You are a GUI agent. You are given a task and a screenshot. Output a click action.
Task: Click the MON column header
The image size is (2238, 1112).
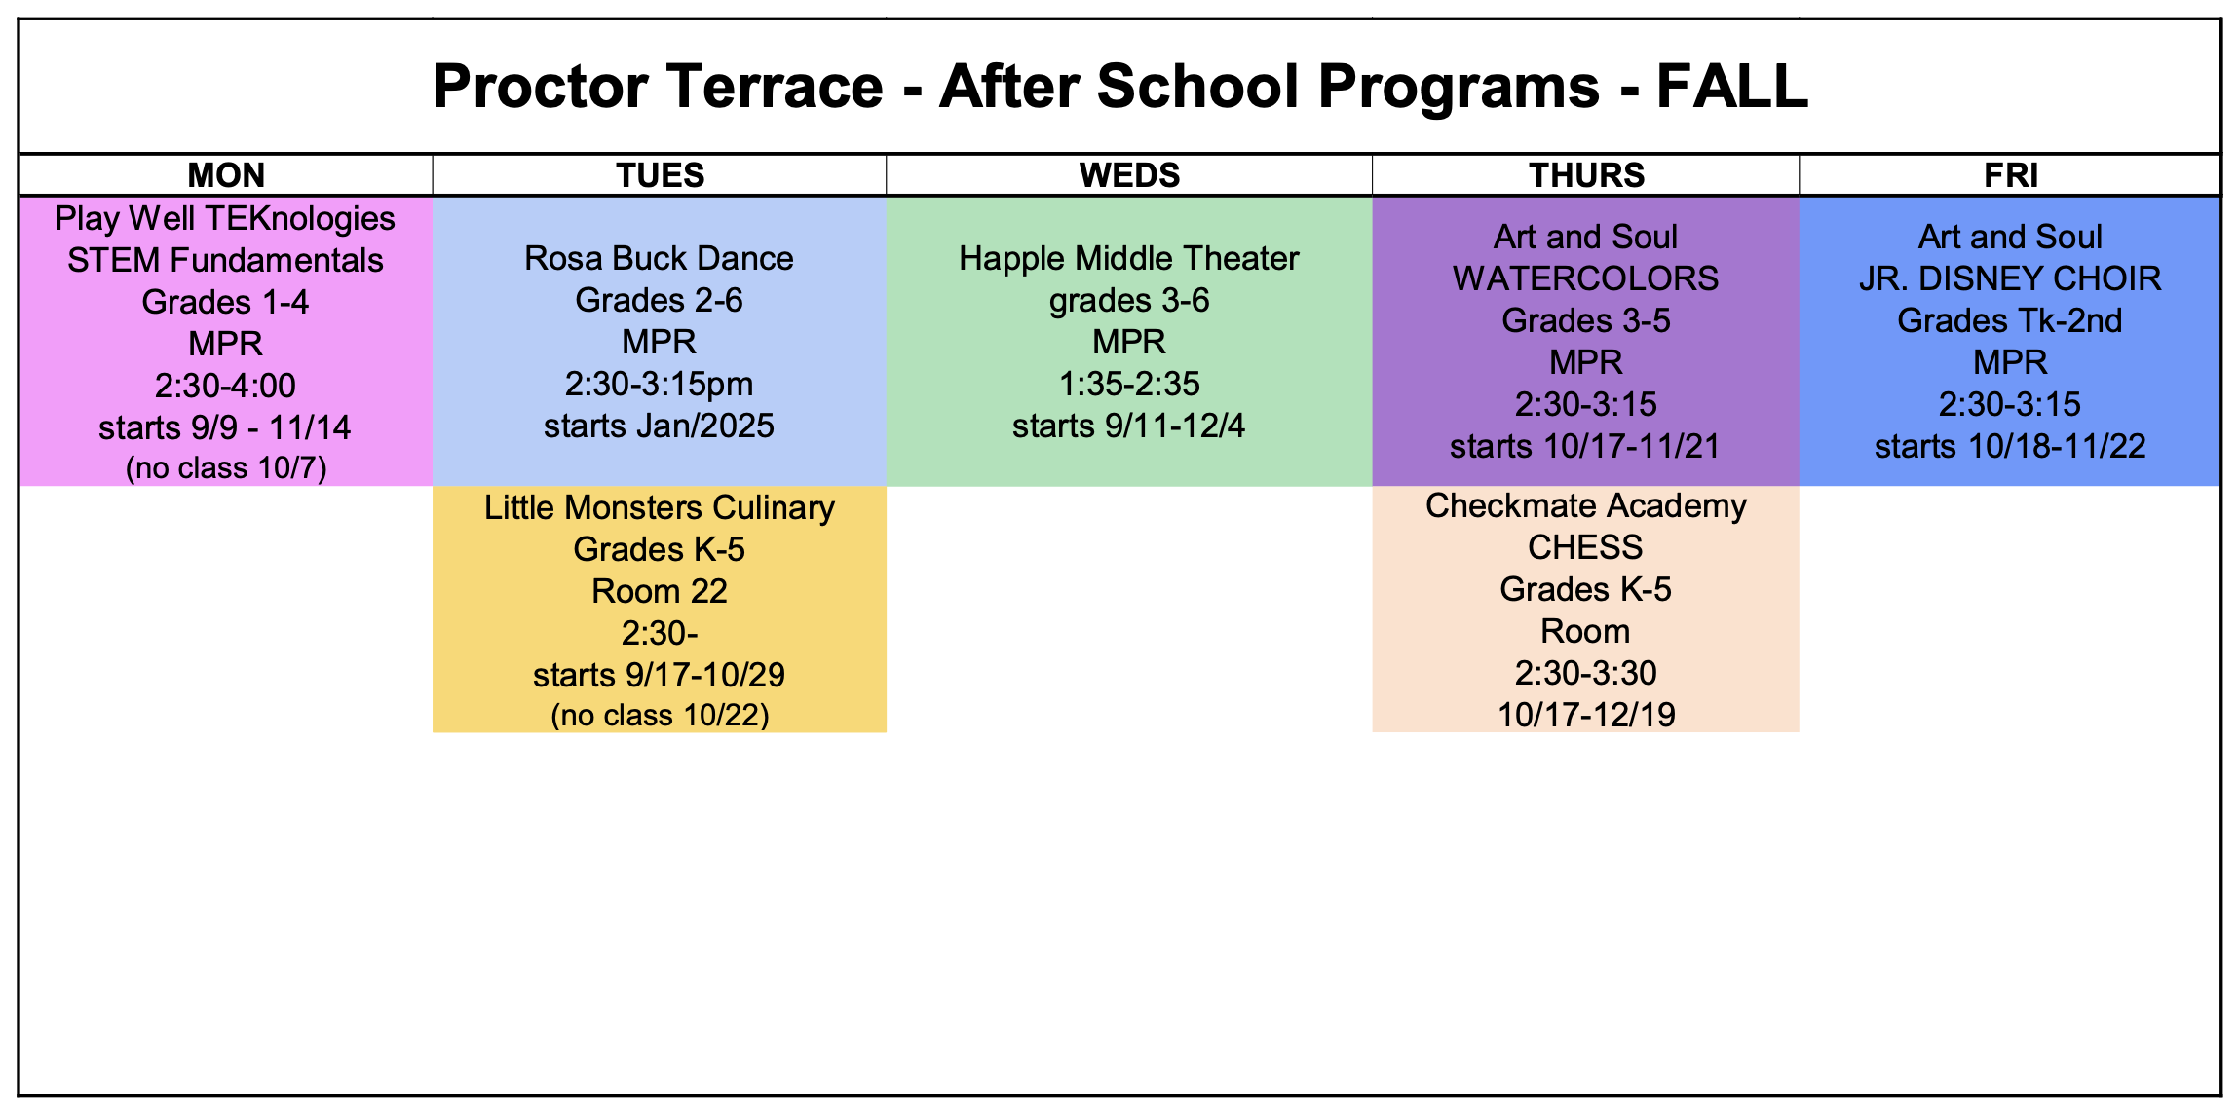(x=226, y=175)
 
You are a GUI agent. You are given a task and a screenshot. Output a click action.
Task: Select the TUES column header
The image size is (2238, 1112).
(x=660, y=175)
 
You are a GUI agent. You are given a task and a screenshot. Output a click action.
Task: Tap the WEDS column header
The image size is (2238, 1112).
(x=1129, y=175)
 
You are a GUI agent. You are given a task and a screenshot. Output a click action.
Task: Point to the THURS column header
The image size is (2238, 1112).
(x=1586, y=175)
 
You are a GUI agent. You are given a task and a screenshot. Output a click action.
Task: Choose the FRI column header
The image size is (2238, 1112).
(x=2011, y=175)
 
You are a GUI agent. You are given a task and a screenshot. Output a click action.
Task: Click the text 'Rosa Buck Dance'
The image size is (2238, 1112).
(x=659, y=258)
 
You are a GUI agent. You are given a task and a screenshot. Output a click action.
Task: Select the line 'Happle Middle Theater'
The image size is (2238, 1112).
(x=1128, y=258)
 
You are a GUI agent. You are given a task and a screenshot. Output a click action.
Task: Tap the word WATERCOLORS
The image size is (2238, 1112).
(x=1585, y=278)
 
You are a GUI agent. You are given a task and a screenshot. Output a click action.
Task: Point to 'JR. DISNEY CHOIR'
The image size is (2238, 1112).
(x=2010, y=278)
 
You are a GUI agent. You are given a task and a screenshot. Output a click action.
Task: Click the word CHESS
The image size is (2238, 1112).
(x=1585, y=547)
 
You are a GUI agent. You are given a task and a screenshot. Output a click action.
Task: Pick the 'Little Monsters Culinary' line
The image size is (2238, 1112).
(x=660, y=507)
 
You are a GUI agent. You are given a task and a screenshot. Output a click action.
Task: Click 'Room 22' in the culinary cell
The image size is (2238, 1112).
(x=660, y=591)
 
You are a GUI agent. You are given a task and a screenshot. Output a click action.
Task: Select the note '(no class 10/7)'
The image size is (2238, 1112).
(x=226, y=468)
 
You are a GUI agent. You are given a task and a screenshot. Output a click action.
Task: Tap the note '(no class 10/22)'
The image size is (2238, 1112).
(x=660, y=716)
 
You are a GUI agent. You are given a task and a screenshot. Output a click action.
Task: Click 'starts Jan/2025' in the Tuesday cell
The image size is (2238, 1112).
(x=659, y=426)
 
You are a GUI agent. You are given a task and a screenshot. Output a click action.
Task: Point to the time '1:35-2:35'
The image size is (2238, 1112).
(x=1129, y=384)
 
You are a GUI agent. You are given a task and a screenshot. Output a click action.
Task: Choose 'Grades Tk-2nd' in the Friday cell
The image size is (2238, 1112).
(x=2010, y=320)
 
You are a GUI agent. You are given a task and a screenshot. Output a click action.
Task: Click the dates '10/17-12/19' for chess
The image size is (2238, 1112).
(x=1586, y=715)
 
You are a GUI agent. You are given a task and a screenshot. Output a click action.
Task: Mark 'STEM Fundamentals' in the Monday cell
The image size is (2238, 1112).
(x=225, y=260)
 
